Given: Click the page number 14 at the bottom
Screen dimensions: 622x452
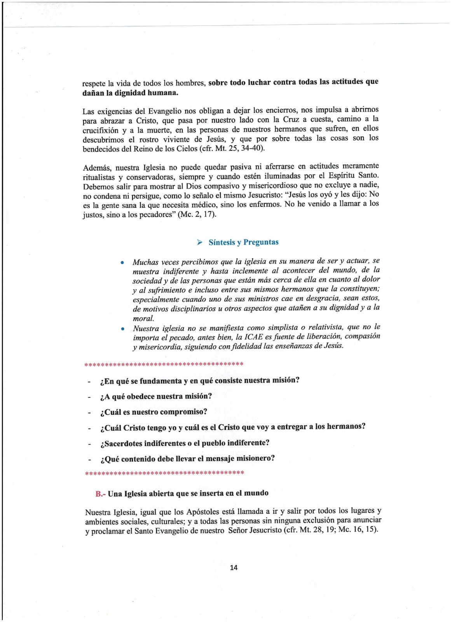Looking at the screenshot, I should coord(234,567).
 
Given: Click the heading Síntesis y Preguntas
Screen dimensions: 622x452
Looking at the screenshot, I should coord(243,242).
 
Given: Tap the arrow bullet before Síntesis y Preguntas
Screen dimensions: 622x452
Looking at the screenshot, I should coord(200,243).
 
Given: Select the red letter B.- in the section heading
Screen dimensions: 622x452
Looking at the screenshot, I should coord(100,494).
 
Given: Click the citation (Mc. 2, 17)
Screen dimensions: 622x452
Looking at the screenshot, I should coord(197,214).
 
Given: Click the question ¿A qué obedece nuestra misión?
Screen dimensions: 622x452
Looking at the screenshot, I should coord(156,396).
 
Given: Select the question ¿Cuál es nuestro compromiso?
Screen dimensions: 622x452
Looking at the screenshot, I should coord(154,412).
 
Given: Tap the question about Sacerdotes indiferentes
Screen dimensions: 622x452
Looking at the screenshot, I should coord(185,443).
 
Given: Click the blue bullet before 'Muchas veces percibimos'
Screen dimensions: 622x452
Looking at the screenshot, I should coord(122,262).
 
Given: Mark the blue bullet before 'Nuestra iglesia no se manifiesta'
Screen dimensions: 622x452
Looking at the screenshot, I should coord(122,329).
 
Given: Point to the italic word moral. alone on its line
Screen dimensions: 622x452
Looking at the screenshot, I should coord(143,318).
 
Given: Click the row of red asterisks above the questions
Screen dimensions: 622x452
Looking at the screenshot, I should coord(164,365).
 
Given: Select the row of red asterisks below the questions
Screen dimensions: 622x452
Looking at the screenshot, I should coord(164,473).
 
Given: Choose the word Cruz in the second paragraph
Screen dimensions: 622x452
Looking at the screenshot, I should coord(291,120).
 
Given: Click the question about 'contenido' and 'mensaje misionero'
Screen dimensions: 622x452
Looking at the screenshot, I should coord(187,458).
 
